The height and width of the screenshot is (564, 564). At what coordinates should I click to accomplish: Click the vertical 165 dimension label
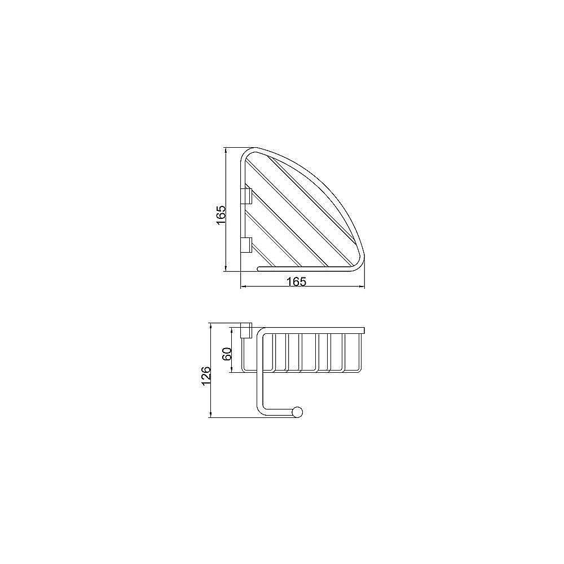coord(221,215)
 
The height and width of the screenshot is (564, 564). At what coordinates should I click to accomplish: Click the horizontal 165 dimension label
coord(297,281)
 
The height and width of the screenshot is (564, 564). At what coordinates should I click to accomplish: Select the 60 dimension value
coord(227,354)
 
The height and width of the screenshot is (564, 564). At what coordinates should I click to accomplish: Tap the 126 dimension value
coord(206,376)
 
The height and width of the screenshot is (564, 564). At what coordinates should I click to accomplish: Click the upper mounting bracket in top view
coord(246,196)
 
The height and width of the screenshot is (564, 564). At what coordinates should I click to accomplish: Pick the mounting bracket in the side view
coord(246,331)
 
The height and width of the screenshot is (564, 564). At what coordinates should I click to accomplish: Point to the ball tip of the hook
coord(297,412)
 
